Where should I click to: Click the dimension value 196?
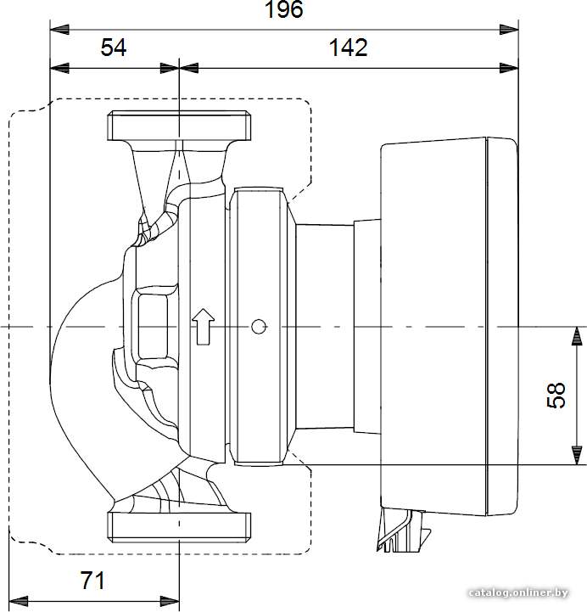(x=283, y=9)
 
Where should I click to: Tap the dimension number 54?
(x=114, y=48)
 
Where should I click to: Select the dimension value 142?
(x=349, y=48)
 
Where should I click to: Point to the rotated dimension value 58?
(x=556, y=396)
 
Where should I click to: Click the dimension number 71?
(x=92, y=581)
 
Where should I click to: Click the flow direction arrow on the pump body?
(x=204, y=327)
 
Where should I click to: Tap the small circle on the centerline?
(x=259, y=326)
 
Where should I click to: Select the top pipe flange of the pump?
(x=179, y=126)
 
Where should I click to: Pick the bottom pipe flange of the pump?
(x=179, y=527)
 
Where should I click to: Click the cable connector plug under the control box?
(x=403, y=530)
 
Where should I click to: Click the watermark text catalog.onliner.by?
(x=518, y=592)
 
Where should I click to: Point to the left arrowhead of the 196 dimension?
(x=59, y=29)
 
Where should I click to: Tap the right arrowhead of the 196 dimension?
(x=509, y=29)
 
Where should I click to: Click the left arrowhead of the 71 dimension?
(x=19, y=602)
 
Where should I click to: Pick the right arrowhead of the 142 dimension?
(x=509, y=68)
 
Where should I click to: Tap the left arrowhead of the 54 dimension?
(x=59, y=68)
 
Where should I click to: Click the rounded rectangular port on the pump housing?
(x=153, y=326)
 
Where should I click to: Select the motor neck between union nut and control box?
(x=338, y=326)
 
